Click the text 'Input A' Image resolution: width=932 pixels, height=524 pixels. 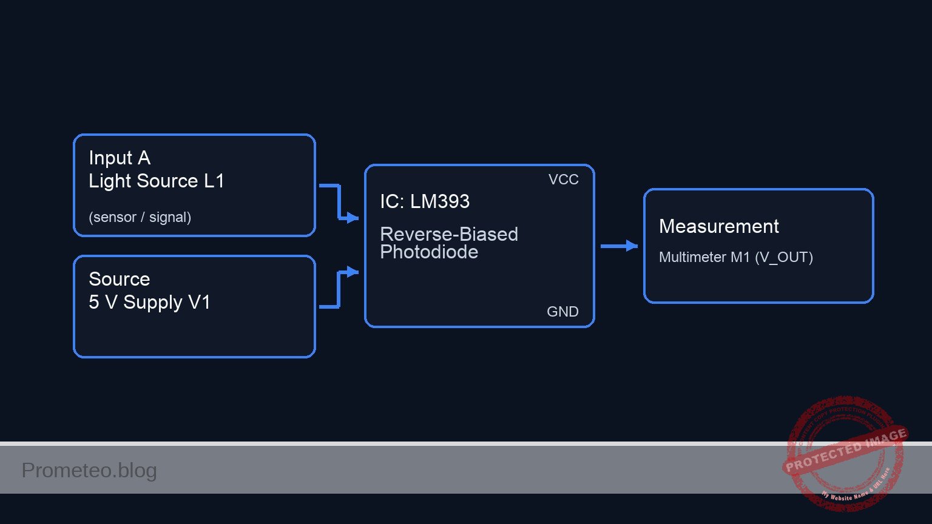120,158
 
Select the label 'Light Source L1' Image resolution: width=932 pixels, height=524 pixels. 156,181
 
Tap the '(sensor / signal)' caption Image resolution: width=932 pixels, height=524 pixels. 140,217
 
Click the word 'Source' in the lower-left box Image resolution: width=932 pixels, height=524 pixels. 119,279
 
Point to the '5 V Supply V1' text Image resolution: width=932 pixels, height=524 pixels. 149,303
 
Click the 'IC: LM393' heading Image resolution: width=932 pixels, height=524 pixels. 424,201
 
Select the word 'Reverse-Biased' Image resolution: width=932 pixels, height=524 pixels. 448,234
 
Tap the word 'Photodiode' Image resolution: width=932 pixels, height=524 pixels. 428,252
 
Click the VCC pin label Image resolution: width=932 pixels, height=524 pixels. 563,180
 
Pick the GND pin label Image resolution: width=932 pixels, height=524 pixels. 562,312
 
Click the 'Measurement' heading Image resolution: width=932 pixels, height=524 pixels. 718,227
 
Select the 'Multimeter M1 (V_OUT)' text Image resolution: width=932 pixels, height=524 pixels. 735,257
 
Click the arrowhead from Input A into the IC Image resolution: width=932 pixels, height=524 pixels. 353,218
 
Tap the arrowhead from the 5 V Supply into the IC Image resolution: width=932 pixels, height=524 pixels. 353,271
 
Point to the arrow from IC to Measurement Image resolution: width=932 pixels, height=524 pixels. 619,246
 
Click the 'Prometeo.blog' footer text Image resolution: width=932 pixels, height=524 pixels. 89,471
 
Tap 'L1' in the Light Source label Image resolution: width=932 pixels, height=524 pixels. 214,181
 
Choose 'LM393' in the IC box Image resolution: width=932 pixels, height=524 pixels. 439,201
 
